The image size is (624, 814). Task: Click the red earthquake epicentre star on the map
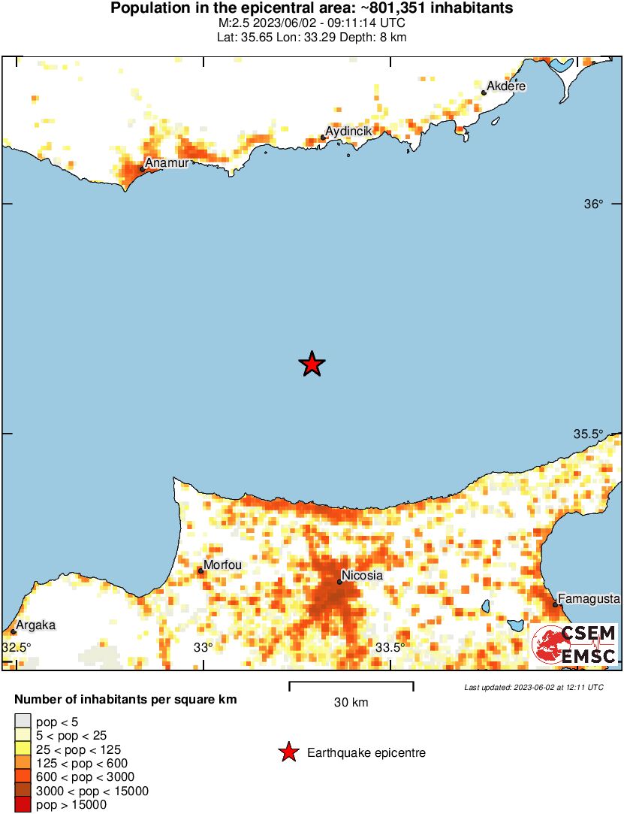(312, 365)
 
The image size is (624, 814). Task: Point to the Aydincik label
(348, 132)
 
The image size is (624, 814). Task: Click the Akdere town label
(506, 87)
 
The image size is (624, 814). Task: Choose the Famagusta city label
(589, 599)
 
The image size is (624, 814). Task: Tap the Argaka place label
(37, 625)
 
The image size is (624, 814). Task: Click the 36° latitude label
(594, 204)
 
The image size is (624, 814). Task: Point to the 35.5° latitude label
(589, 434)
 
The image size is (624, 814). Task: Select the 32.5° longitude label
(17, 647)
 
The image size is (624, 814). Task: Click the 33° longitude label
(203, 647)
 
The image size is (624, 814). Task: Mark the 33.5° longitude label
(390, 647)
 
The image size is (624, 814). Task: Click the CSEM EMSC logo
(574, 645)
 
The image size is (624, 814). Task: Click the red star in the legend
(288, 752)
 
